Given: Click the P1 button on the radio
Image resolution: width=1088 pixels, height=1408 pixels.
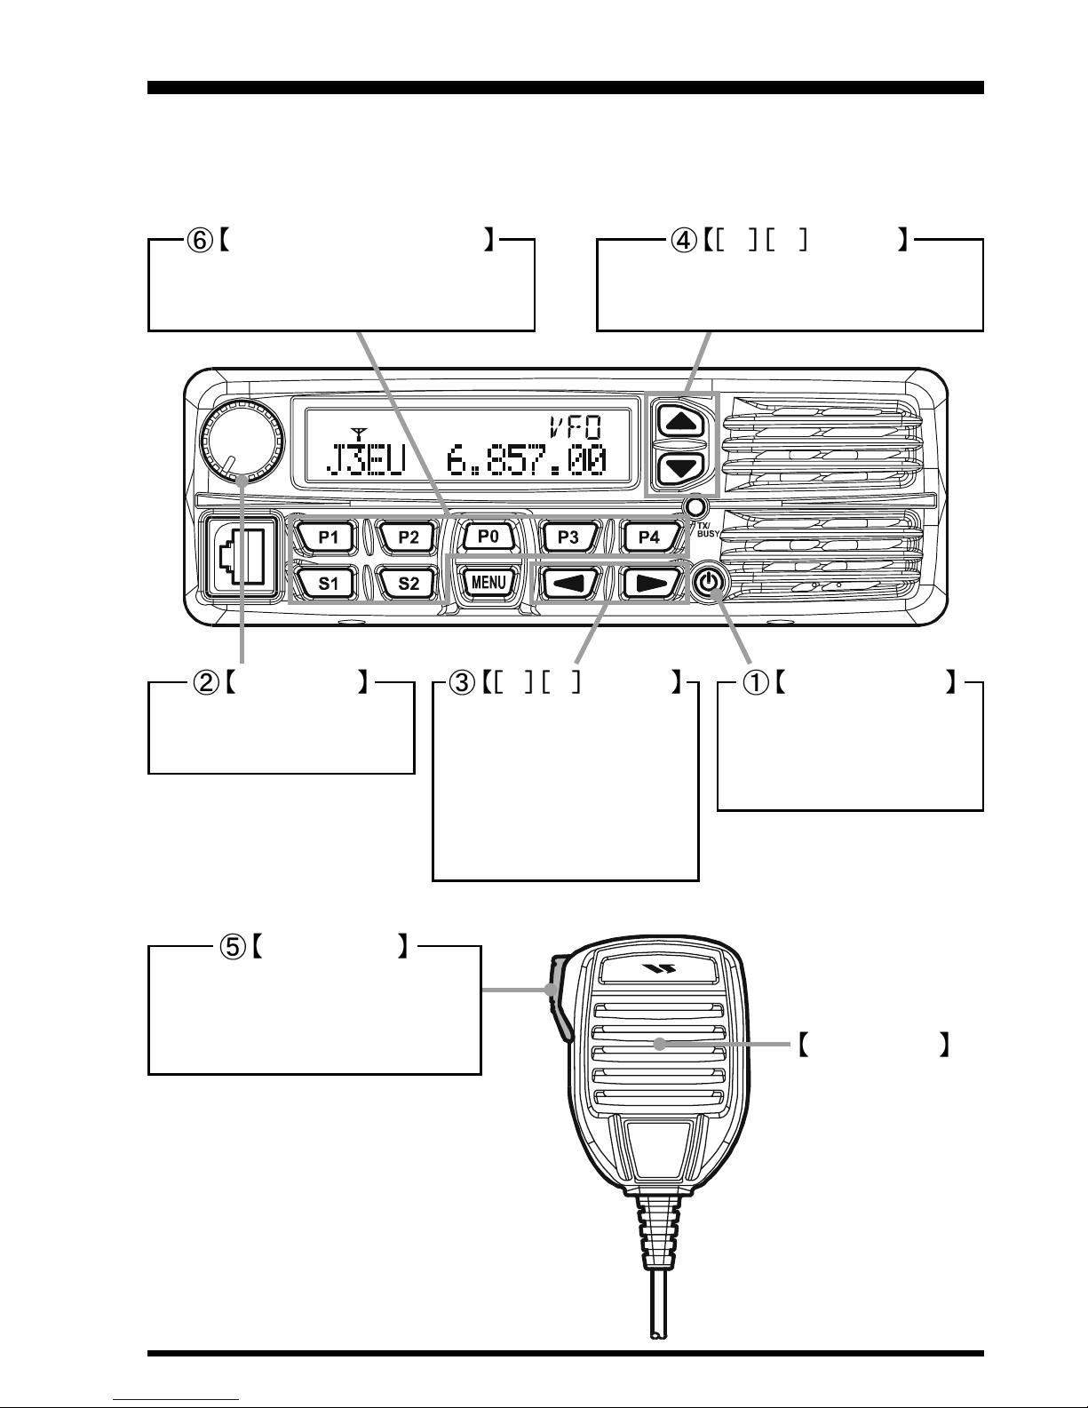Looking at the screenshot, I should (329, 537).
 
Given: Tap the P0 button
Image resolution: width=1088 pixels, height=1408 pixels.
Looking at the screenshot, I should (488, 537).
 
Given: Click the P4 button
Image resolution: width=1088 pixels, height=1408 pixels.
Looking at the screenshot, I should (648, 537).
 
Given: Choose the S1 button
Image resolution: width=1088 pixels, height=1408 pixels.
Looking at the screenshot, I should (329, 583).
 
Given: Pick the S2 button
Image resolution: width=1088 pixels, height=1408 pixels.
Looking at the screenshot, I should (409, 583).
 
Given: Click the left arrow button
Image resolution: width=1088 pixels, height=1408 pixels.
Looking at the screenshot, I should (568, 583).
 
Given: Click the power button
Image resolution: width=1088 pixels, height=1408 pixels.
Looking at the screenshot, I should (708, 583).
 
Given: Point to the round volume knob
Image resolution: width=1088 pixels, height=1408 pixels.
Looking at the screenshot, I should (235, 440).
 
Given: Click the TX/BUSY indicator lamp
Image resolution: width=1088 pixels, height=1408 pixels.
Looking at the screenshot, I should (697, 507).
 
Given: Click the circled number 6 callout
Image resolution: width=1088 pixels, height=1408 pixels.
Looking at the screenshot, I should (198, 240).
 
